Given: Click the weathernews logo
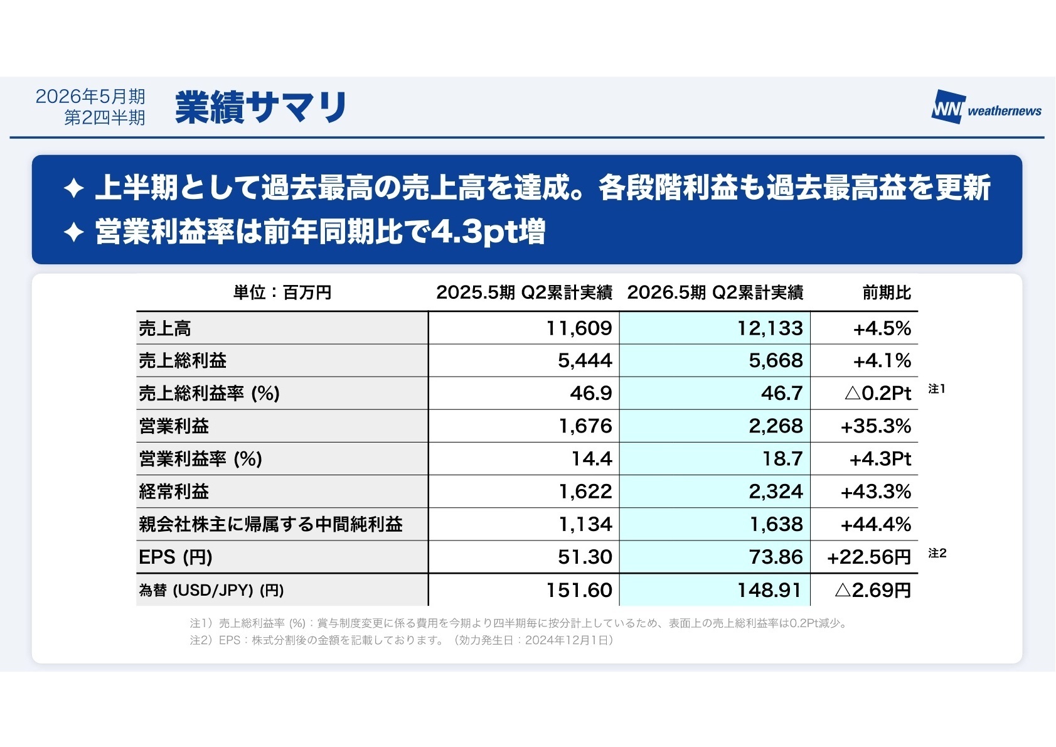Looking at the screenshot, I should click(986, 108).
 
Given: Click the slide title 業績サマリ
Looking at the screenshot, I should click(261, 107).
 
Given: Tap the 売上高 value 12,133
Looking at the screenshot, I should click(769, 328).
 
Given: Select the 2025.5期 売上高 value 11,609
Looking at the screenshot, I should click(579, 328).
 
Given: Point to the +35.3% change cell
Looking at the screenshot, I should click(875, 426).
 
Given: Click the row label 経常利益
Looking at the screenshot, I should click(174, 492).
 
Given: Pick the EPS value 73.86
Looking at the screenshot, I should click(776, 557).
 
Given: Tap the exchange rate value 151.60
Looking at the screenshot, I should click(579, 590).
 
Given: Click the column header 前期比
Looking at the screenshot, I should click(886, 293).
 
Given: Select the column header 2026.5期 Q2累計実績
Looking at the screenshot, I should click(715, 293).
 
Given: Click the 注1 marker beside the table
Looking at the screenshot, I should click(936, 389).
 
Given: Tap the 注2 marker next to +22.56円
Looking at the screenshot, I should click(937, 553).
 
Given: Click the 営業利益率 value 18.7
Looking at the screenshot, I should click(782, 459).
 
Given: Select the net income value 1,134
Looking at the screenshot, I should click(585, 524).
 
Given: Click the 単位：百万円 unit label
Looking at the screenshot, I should click(282, 293).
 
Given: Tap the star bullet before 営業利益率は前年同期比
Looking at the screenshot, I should click(74, 233).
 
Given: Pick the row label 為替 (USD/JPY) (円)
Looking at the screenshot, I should click(211, 591).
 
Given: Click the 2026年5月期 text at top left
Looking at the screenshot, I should click(90, 97).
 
